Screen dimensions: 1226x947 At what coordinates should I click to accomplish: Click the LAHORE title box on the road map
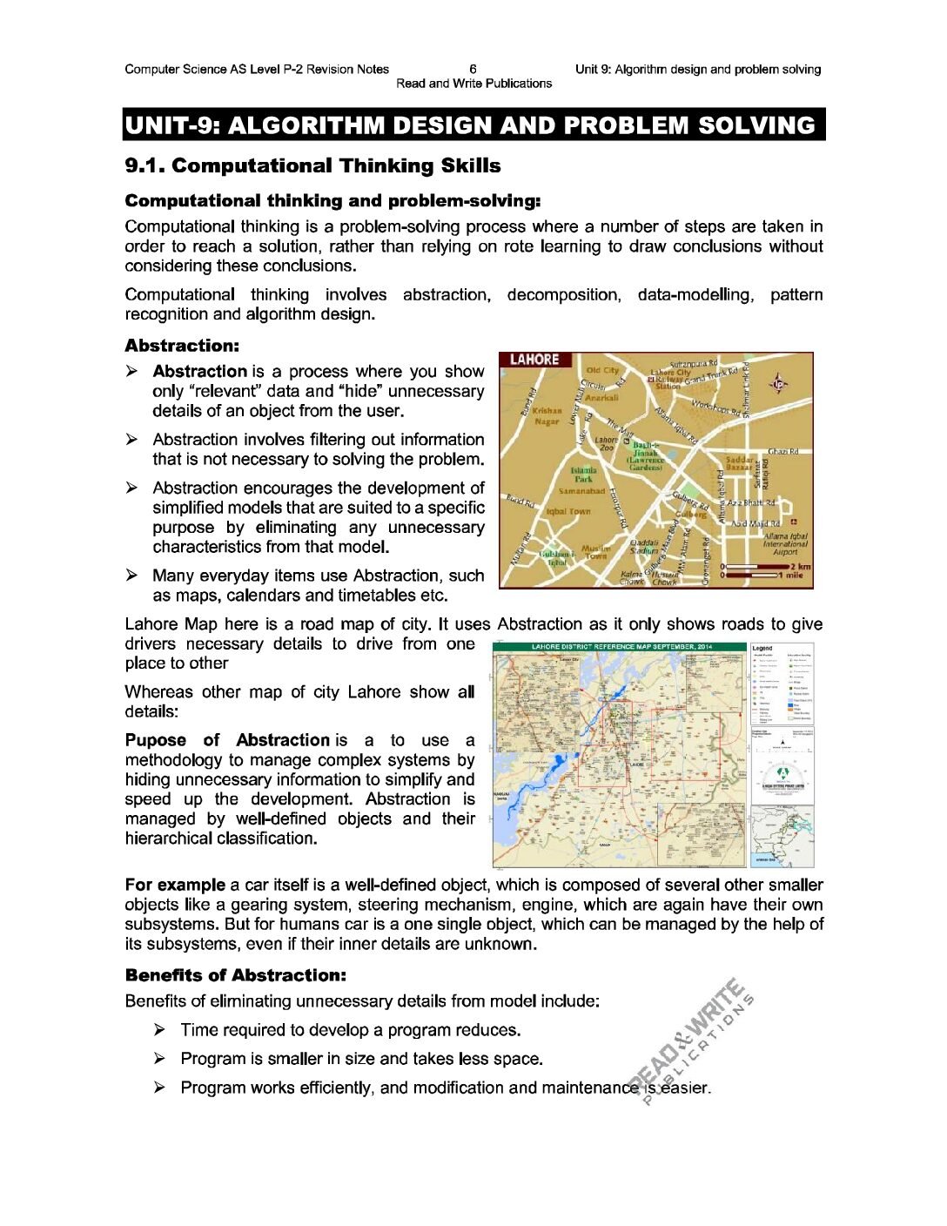point(534,360)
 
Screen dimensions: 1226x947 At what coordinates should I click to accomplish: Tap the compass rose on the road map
point(778,383)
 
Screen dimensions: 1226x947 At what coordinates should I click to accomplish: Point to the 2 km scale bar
point(766,567)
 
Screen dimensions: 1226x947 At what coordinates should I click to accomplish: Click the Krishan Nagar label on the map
point(547,415)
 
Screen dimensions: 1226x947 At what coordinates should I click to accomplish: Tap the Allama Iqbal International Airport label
point(785,544)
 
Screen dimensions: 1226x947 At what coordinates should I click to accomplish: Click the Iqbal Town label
point(568,512)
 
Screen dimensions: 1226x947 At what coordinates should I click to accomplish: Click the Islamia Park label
point(583,474)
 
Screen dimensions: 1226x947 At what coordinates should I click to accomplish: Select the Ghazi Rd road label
point(782,451)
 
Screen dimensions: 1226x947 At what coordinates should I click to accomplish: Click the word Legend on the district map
point(762,649)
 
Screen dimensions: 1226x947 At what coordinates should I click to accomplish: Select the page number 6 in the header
point(473,69)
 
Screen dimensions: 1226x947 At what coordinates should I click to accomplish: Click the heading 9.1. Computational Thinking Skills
point(312,165)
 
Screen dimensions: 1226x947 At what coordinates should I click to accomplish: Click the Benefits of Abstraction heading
point(235,975)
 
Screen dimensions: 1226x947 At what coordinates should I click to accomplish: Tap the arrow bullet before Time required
point(159,1030)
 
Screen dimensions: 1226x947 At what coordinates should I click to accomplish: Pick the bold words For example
point(175,885)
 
